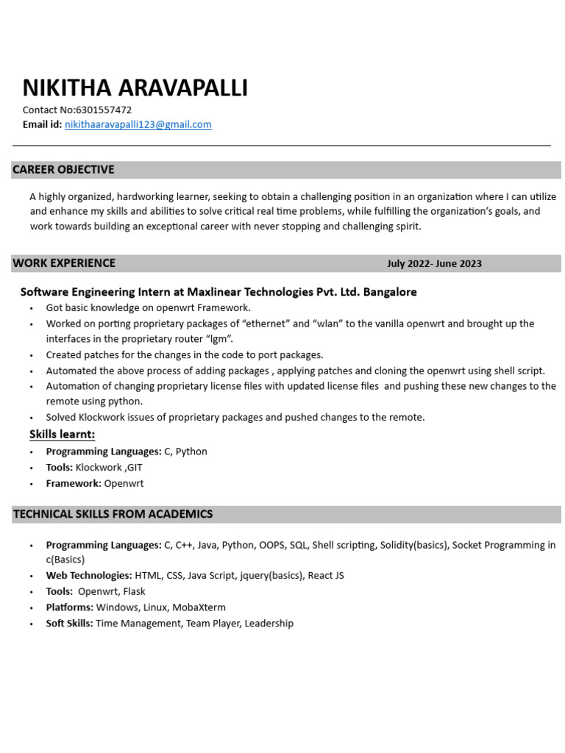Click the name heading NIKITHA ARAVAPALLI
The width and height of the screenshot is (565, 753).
[x=135, y=88]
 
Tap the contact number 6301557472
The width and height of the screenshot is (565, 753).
[x=104, y=110]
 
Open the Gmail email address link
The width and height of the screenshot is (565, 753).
[x=138, y=125]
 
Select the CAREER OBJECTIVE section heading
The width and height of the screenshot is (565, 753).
[x=63, y=170]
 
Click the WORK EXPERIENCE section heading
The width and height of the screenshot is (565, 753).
[x=64, y=263]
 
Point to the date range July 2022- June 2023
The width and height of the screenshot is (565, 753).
[x=434, y=264]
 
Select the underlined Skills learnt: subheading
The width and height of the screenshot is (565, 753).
[x=62, y=435]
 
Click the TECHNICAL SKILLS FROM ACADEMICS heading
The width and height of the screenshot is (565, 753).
[x=113, y=514]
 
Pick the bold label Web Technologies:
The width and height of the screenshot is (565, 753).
[x=89, y=576]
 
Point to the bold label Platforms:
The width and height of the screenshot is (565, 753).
[x=69, y=607]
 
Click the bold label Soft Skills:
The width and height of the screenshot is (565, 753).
[x=69, y=624]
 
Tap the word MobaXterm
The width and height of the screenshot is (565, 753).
[x=199, y=607]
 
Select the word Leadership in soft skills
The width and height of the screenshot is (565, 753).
[x=269, y=624]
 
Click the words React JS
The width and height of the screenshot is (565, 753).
[x=325, y=576]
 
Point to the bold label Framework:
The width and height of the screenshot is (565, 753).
[x=74, y=484]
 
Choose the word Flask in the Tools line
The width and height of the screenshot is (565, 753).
[x=134, y=592]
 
